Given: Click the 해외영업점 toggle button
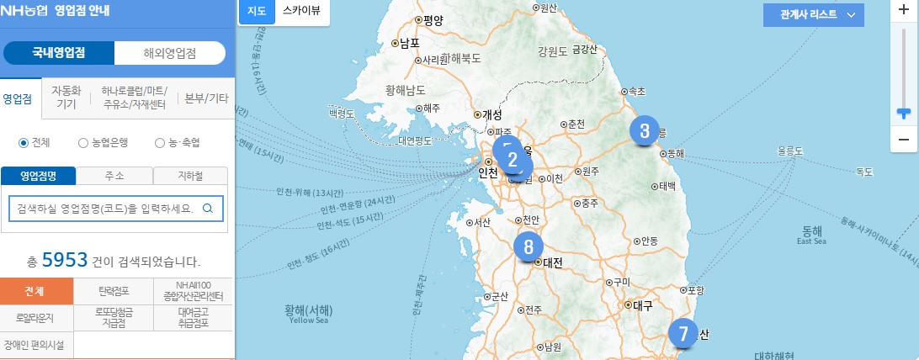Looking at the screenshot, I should (170, 52).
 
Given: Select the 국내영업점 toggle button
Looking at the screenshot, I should (59, 52).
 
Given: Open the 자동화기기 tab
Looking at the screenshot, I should (66, 98).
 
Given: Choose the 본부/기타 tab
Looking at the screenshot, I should (206, 98).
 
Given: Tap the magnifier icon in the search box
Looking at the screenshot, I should (207, 208).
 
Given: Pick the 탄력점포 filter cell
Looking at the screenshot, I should (114, 292).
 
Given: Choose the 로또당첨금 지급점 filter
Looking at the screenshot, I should (114, 318).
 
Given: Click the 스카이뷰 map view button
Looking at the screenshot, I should (301, 12).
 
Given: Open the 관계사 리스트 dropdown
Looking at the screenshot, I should (813, 14).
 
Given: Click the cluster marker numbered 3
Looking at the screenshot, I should (645, 130).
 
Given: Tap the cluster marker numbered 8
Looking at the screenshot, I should (529, 246).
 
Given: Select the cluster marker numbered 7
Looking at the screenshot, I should (683, 334).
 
